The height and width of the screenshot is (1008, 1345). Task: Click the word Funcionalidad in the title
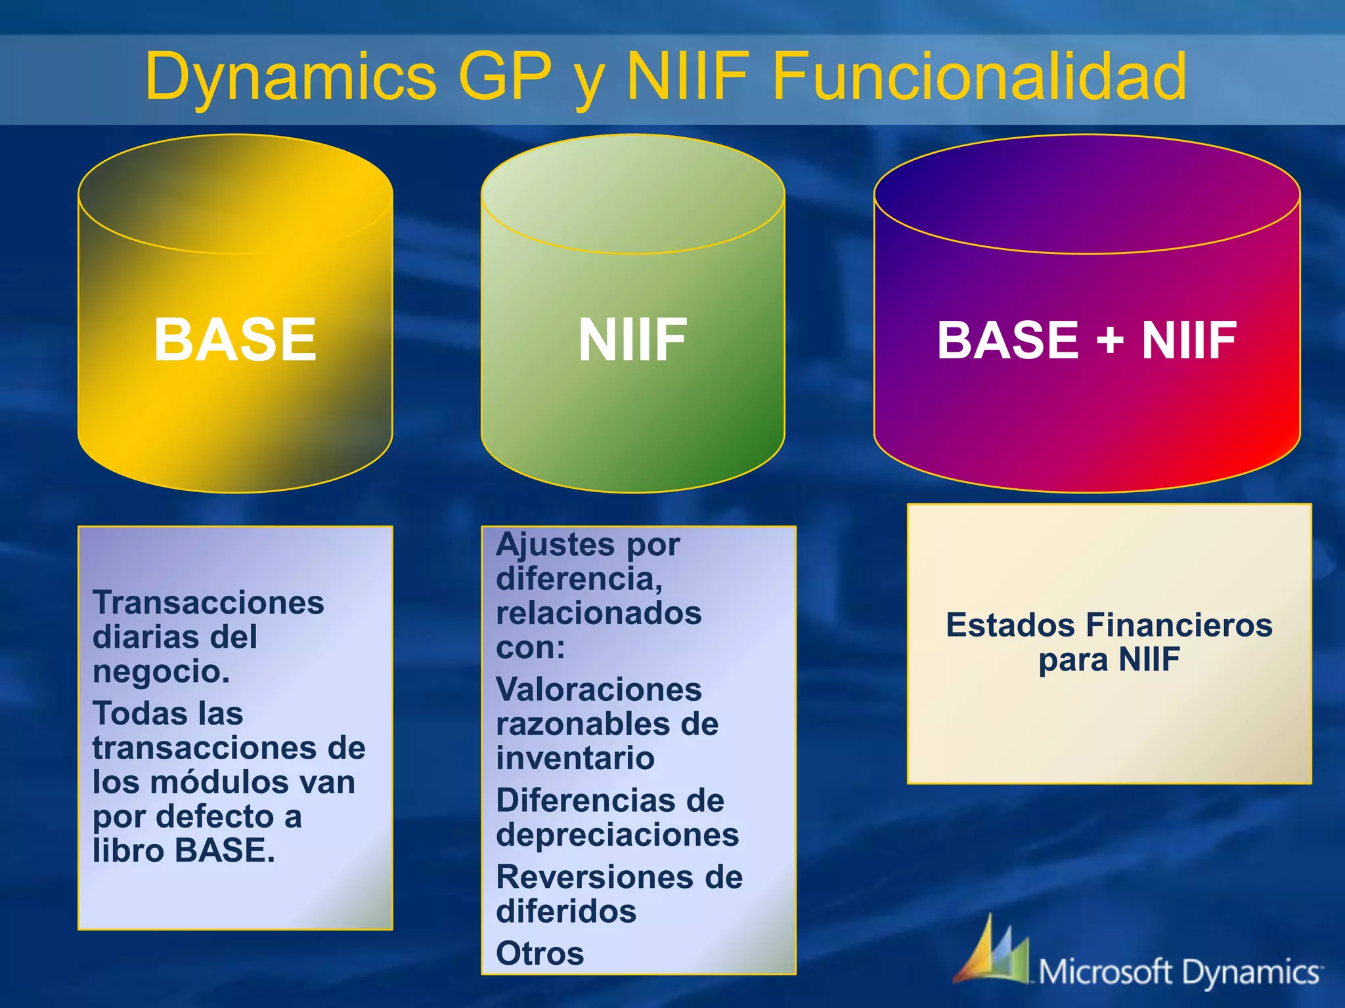(x=979, y=77)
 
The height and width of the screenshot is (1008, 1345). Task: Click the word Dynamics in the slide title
(x=290, y=77)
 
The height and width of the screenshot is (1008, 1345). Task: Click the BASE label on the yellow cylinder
(x=235, y=339)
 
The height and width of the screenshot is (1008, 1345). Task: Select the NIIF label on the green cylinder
(x=632, y=339)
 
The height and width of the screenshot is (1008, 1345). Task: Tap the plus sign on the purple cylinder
(x=1109, y=341)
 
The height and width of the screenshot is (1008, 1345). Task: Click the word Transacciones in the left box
(x=208, y=602)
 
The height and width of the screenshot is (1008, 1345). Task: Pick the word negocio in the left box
(x=161, y=671)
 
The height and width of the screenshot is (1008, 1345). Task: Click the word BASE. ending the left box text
(x=225, y=850)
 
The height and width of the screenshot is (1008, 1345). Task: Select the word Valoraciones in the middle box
(x=598, y=690)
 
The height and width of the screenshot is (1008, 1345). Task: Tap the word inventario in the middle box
(x=575, y=759)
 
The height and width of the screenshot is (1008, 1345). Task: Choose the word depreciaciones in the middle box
(x=617, y=835)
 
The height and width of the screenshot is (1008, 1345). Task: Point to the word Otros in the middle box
(x=540, y=954)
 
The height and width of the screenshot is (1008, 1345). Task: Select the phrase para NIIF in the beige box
(x=1109, y=660)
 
